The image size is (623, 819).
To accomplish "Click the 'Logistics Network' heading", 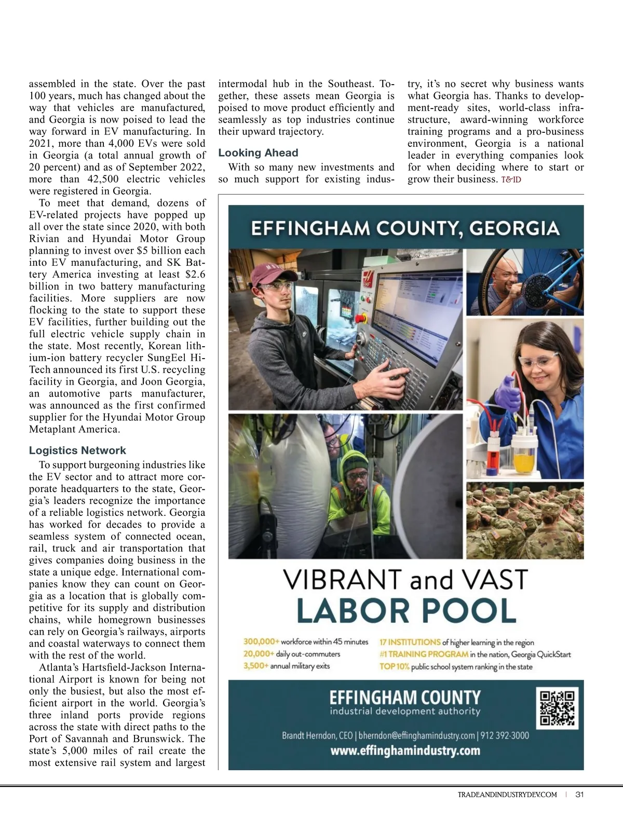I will tap(77, 451).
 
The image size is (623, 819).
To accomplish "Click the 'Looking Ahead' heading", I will tap(258, 153).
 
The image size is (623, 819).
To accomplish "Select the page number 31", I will tap(580, 795).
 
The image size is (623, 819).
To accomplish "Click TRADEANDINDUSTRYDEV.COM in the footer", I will tap(507, 795).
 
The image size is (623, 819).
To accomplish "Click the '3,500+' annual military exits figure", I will tap(255, 666).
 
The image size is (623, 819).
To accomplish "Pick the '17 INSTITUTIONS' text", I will tap(410, 642).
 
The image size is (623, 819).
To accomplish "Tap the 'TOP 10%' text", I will tap(395, 666).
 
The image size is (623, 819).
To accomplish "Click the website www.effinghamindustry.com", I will tap(405, 750).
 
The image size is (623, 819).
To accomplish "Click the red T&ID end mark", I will tap(511, 180).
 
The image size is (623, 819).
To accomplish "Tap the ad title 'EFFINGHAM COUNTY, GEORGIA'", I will tap(405, 228).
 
